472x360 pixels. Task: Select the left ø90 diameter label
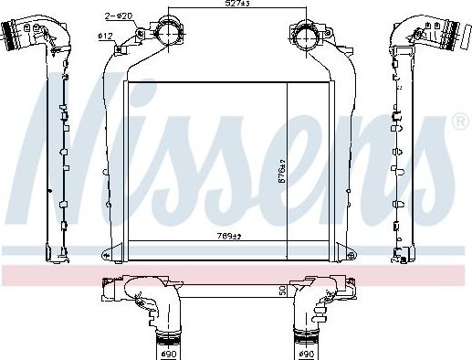167,353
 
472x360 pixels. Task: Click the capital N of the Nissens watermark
73,137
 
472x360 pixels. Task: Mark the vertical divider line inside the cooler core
288,160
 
